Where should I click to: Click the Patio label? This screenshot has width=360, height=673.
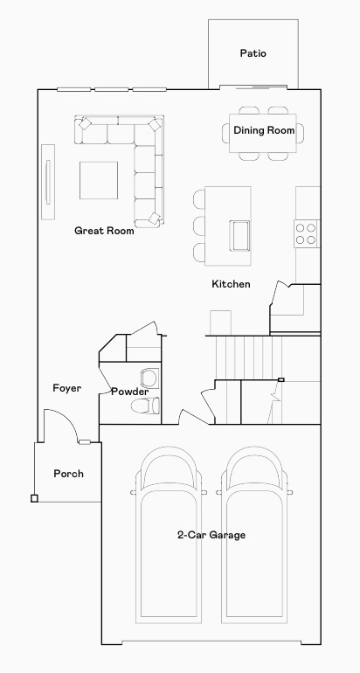click(253, 54)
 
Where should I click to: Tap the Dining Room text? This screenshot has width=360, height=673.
click(264, 131)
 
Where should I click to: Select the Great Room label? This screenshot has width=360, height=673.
click(104, 232)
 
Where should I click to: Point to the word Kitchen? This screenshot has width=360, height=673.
click(231, 284)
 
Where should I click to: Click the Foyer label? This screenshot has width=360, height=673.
click(67, 388)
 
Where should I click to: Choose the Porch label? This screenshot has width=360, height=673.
click(68, 474)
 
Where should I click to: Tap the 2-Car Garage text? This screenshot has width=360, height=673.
click(211, 535)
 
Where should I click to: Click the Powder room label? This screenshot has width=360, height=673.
click(129, 392)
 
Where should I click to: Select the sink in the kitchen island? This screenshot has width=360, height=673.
click(239, 234)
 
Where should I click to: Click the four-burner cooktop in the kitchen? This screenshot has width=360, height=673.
click(306, 232)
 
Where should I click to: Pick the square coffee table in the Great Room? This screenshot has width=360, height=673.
click(100, 181)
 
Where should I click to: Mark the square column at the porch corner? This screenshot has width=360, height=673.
click(34, 498)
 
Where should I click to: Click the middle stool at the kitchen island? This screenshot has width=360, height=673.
click(199, 225)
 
